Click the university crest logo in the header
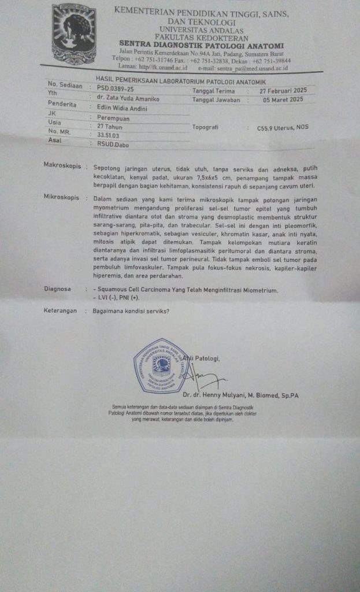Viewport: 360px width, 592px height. (x=74, y=34)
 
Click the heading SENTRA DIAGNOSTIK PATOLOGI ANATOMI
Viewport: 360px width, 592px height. (x=201, y=45)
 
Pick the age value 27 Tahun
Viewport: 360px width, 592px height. (x=110, y=126)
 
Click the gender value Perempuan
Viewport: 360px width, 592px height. (x=113, y=117)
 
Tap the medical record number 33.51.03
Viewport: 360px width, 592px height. (x=108, y=134)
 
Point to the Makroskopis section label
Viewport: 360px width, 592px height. (x=61, y=165)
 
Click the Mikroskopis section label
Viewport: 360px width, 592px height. (x=61, y=197)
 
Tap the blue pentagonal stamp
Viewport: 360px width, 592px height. (x=161, y=365)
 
